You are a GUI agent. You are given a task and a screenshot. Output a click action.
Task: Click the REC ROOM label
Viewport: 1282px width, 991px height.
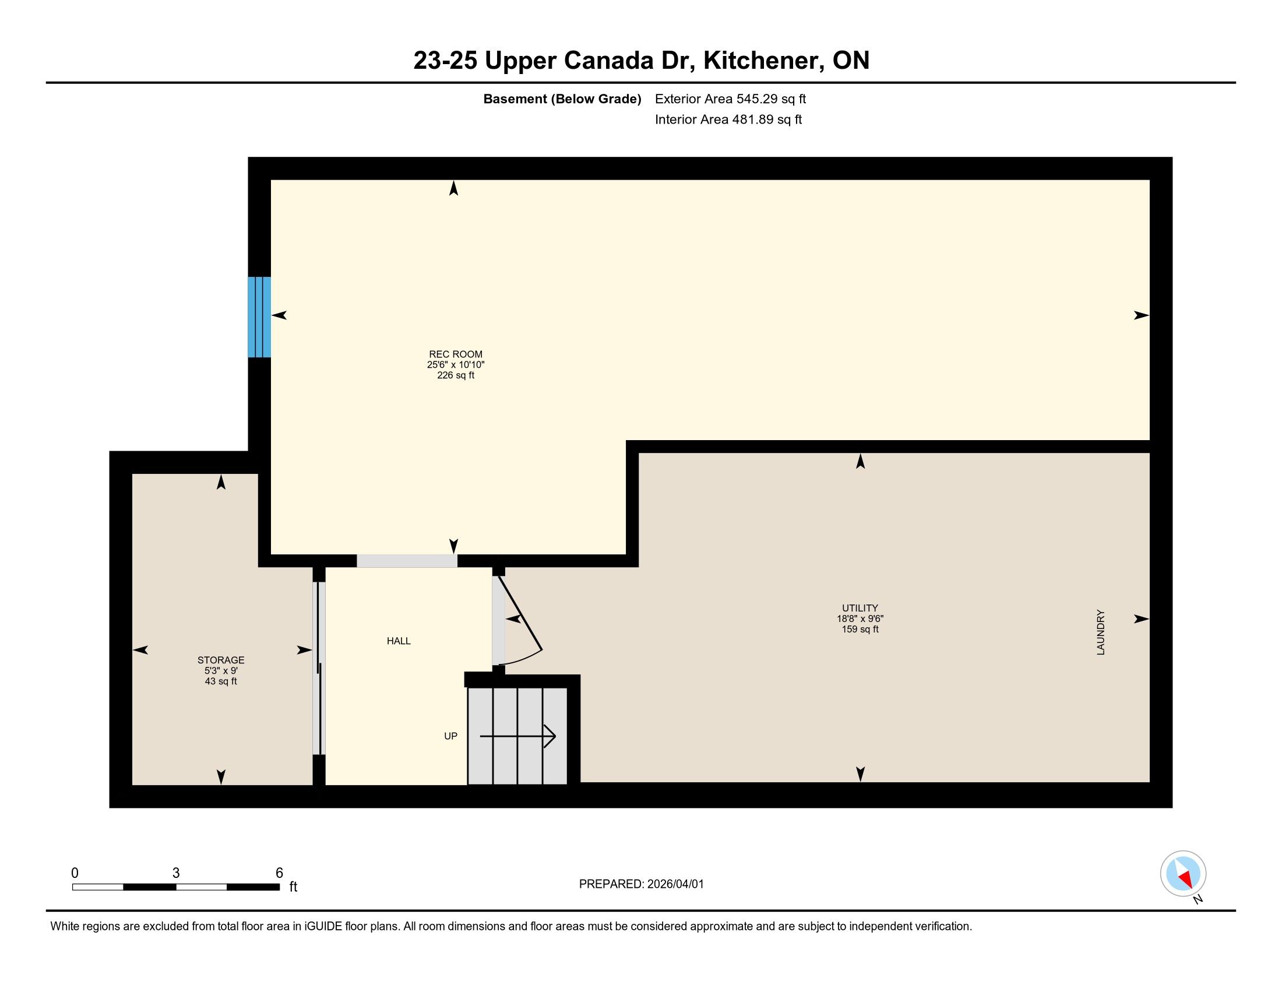coord(456,354)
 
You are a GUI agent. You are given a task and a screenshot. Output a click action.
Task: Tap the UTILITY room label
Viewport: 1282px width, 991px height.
coord(860,608)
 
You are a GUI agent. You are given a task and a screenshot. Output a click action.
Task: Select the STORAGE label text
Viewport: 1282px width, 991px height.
coord(221,660)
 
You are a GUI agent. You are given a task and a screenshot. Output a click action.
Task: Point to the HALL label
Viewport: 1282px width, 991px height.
coord(399,641)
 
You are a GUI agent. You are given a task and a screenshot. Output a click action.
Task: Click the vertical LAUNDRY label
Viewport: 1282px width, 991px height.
coord(1101,632)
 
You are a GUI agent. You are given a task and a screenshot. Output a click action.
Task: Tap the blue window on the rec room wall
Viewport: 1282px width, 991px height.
coord(259,317)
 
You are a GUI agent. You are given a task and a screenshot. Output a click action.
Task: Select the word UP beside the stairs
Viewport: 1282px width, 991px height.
coord(450,736)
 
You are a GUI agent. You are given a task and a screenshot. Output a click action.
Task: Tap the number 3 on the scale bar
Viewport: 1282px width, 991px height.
coord(175,873)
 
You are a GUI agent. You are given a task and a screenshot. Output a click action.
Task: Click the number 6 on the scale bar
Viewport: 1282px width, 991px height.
coord(279,873)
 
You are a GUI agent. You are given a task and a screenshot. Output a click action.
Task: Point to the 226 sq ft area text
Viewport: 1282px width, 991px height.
coord(456,375)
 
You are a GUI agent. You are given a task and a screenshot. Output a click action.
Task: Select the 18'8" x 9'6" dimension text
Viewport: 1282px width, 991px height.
coord(860,619)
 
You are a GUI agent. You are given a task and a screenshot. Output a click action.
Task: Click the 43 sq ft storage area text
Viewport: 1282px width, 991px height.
coord(221,681)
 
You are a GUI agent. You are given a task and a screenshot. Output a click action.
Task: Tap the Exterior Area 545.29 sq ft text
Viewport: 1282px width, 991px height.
coord(730,99)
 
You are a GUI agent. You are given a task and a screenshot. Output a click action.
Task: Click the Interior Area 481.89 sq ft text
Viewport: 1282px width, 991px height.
coord(728,120)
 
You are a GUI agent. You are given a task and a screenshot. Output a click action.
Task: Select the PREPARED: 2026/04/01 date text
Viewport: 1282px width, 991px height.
coord(641,884)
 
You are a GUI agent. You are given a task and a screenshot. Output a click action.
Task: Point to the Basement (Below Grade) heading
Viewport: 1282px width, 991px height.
coord(562,99)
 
